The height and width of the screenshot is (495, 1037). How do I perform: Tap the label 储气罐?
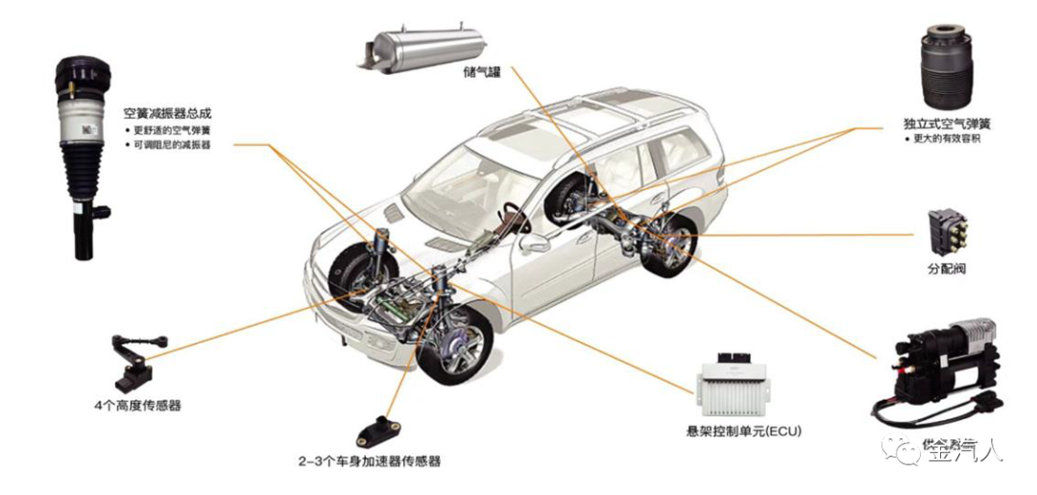[481, 71]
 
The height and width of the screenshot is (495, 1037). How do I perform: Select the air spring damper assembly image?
[84, 153]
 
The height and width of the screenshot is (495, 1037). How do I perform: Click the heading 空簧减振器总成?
[168, 113]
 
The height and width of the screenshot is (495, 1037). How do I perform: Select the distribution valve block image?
[946, 231]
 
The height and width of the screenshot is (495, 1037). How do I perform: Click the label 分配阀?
[946, 269]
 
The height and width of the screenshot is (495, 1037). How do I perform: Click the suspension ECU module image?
[736, 384]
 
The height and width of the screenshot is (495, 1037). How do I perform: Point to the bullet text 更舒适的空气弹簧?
[173, 129]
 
